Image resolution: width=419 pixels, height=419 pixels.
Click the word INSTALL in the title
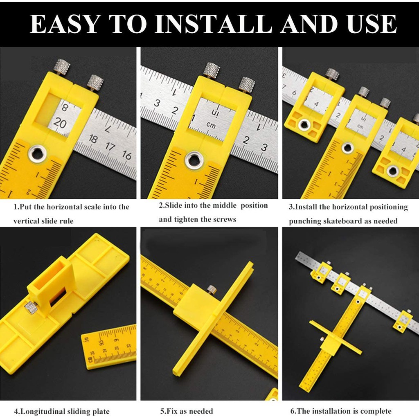[x=215, y=24]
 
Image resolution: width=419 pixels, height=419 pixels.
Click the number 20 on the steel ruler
[x=60, y=123]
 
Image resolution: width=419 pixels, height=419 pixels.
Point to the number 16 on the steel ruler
[x=127, y=155]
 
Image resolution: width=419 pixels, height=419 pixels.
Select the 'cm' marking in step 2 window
[x=211, y=125]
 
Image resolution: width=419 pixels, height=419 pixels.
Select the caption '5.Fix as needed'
[x=187, y=411]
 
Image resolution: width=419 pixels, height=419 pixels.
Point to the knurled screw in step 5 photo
[x=212, y=289]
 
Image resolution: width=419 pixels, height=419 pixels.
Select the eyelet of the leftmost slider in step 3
[x=304, y=124]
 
